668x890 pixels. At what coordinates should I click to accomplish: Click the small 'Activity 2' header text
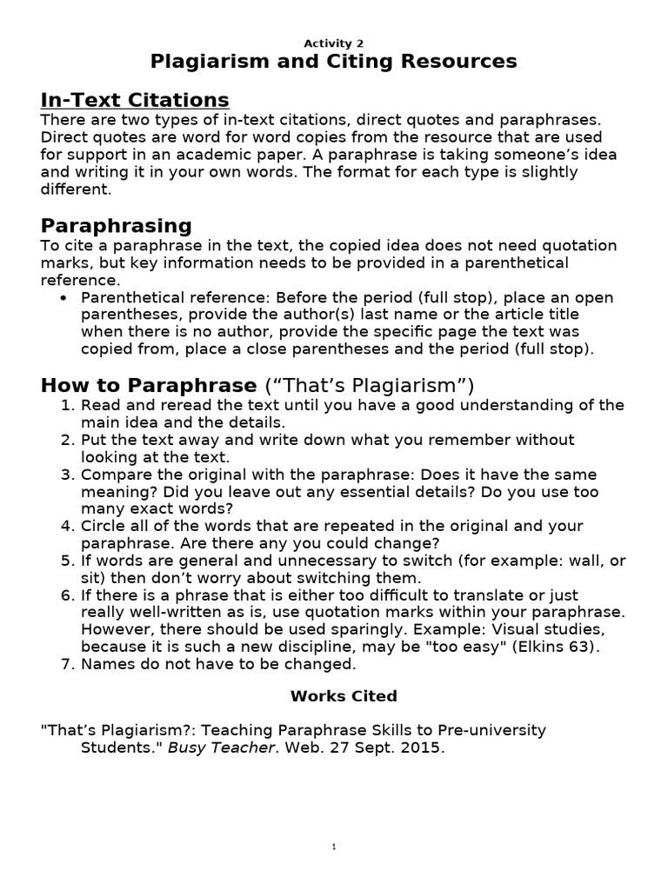(x=334, y=43)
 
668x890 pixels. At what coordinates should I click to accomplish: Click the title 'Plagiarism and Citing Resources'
(x=334, y=62)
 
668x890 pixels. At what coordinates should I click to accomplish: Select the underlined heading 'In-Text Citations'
(x=135, y=100)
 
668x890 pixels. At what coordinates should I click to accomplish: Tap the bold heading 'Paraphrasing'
(x=117, y=226)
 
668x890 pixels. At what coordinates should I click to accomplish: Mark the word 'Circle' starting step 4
(x=104, y=526)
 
